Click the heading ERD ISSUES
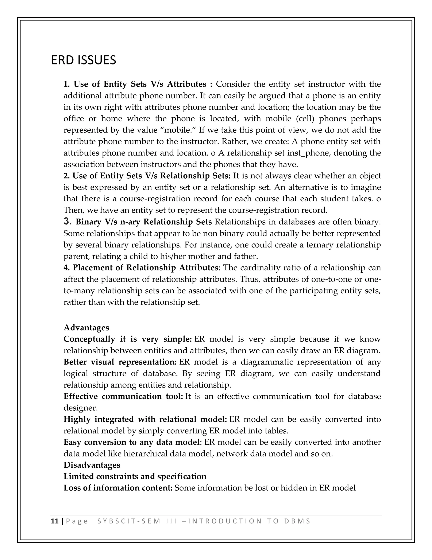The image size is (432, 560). click(84, 60)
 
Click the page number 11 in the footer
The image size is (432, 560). click(54, 521)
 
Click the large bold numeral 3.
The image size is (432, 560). click(67, 221)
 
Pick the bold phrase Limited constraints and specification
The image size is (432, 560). click(135, 476)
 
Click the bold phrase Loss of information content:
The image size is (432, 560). click(118, 488)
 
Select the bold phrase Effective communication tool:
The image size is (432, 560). click(123, 396)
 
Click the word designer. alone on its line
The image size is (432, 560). click(81, 408)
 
